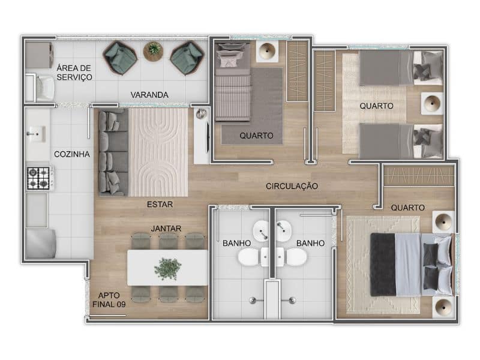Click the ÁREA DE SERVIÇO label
tap(74, 73)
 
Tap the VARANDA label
tap(149, 95)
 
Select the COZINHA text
tap(72, 154)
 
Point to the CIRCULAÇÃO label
tap(292, 186)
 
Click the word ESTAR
tap(160, 204)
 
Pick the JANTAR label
tap(166, 228)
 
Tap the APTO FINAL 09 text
tap(109, 300)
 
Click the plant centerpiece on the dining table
tap(167, 267)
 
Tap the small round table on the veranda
tap(154, 50)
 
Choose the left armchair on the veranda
tap(121, 58)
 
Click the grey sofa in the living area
tap(113, 153)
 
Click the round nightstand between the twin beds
tap(432, 104)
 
